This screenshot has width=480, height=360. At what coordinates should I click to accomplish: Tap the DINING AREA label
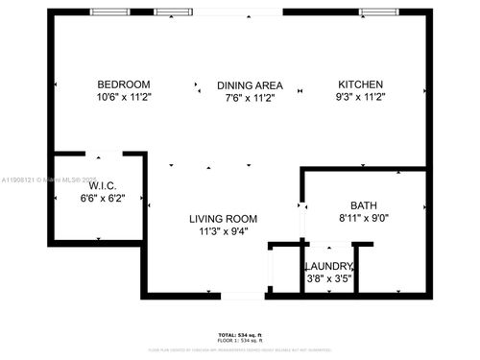[x=249, y=84]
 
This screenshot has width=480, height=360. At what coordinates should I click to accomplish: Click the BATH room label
[x=364, y=205]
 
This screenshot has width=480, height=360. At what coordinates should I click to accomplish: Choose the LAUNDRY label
[x=329, y=266]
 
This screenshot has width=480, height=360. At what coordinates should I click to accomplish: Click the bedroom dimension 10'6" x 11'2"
[x=125, y=97]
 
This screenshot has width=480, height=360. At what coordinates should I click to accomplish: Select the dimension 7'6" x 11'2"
[x=249, y=97]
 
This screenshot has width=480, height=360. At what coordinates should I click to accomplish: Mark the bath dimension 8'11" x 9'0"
[x=364, y=218]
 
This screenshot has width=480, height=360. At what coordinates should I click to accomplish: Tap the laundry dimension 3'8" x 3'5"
[x=329, y=278]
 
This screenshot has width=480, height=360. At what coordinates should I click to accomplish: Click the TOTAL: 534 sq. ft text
[x=240, y=335]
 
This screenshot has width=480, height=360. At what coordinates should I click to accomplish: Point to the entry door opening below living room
[x=240, y=295]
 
